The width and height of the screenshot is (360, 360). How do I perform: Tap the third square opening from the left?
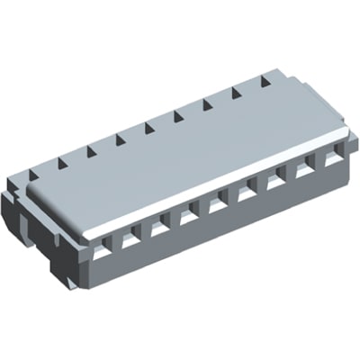pyautogui.click(x=160, y=226)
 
